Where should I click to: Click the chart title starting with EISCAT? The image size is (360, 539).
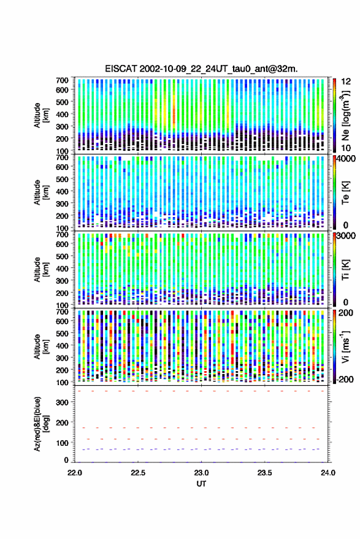(201, 69)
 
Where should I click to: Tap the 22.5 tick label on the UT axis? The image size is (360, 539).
(138, 473)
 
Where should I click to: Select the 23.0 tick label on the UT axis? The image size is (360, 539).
(201, 473)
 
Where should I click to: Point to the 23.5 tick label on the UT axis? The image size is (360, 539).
(264, 473)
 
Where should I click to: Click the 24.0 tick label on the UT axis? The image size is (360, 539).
(327, 473)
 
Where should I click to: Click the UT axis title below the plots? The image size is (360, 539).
(201, 484)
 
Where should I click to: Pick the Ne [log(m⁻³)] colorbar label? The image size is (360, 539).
(345, 115)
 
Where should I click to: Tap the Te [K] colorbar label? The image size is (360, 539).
(345, 193)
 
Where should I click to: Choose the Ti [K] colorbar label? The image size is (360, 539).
(345, 270)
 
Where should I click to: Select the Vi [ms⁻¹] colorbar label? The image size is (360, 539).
(345, 347)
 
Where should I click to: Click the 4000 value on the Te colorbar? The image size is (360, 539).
(346, 159)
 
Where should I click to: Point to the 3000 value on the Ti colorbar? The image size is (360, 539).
(346, 236)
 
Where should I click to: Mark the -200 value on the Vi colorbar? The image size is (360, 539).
(345, 379)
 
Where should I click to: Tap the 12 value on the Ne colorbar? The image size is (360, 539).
(346, 82)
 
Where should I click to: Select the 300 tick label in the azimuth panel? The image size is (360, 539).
(62, 402)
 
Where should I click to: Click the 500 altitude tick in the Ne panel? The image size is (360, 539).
(62, 102)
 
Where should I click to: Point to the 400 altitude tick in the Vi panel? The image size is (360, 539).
(62, 346)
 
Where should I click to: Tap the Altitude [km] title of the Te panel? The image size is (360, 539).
(41, 193)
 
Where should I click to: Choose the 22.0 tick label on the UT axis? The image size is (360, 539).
(75, 473)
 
